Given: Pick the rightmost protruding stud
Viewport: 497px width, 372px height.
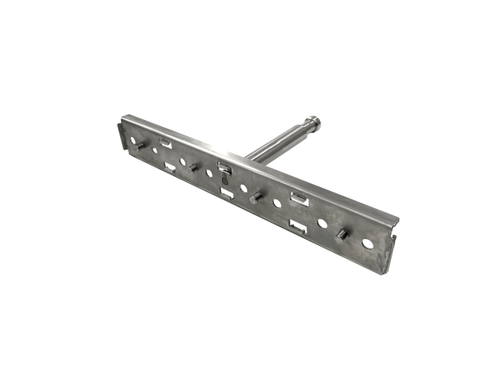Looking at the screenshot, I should [339, 235].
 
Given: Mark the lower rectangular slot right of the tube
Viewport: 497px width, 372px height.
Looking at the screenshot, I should [299, 229].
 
